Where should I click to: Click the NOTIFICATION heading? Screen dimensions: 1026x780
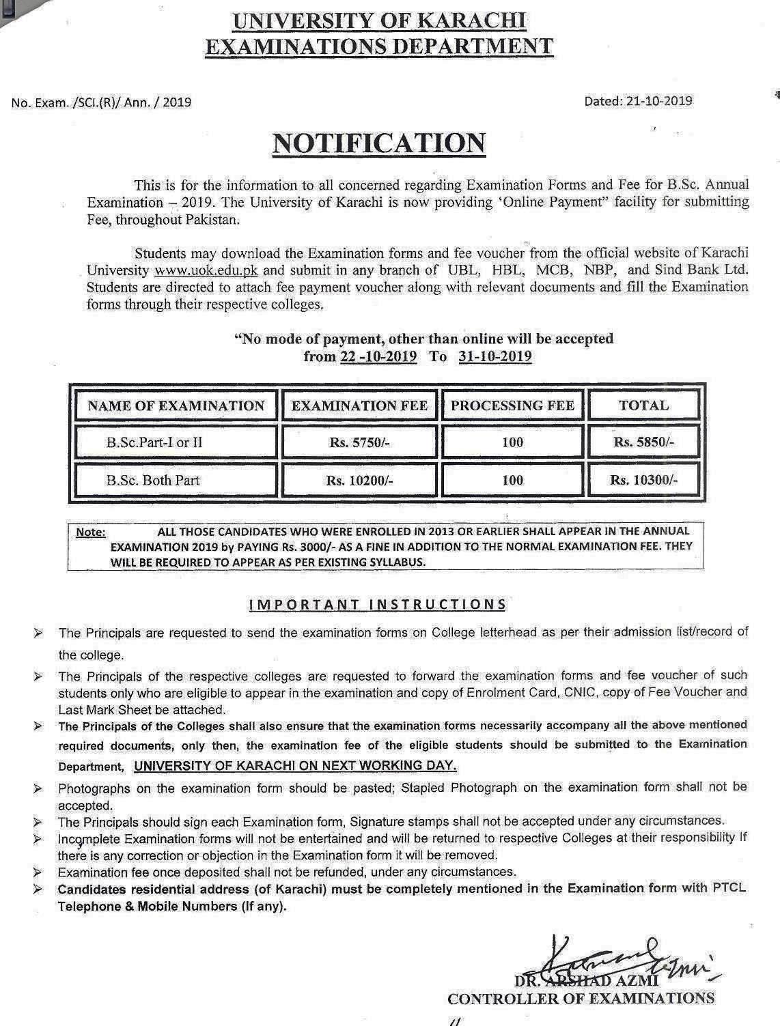[379, 143]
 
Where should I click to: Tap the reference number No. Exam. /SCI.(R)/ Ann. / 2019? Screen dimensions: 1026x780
[101, 103]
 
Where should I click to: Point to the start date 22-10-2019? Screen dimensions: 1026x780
[378, 356]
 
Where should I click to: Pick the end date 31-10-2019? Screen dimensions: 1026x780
[495, 356]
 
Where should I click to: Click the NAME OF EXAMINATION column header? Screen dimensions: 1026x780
[176, 405]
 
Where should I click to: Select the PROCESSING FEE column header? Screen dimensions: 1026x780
[512, 405]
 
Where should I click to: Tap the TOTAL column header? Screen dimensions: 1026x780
[643, 405]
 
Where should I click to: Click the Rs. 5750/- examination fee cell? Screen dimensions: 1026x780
[359, 442]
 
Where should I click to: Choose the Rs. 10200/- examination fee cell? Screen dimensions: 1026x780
[359, 480]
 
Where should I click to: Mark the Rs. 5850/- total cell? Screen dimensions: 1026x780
[643, 442]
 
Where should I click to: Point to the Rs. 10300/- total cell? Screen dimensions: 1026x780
[643, 480]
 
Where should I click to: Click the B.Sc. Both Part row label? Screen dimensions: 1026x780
[153, 480]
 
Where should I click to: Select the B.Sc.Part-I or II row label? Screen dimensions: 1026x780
[154, 442]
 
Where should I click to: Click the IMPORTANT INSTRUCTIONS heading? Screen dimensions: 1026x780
[378, 604]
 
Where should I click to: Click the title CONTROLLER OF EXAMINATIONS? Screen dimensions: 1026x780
[581, 999]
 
